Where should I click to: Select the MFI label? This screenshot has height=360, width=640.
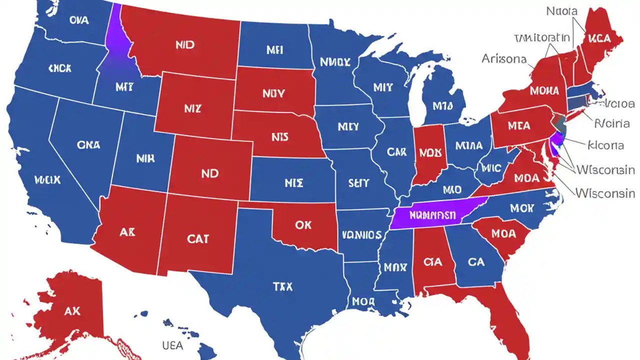point(274,49)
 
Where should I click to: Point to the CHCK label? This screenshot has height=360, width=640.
point(59,68)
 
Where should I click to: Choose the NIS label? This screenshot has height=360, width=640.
point(280,136)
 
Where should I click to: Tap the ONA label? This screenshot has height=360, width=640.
point(88,144)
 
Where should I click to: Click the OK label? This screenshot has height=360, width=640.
point(303,225)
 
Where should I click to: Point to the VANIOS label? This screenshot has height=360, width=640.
point(362,234)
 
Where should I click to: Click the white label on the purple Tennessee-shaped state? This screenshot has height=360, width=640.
point(432,215)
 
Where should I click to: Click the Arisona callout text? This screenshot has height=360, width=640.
point(504,58)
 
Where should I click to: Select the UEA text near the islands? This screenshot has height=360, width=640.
point(172,345)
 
